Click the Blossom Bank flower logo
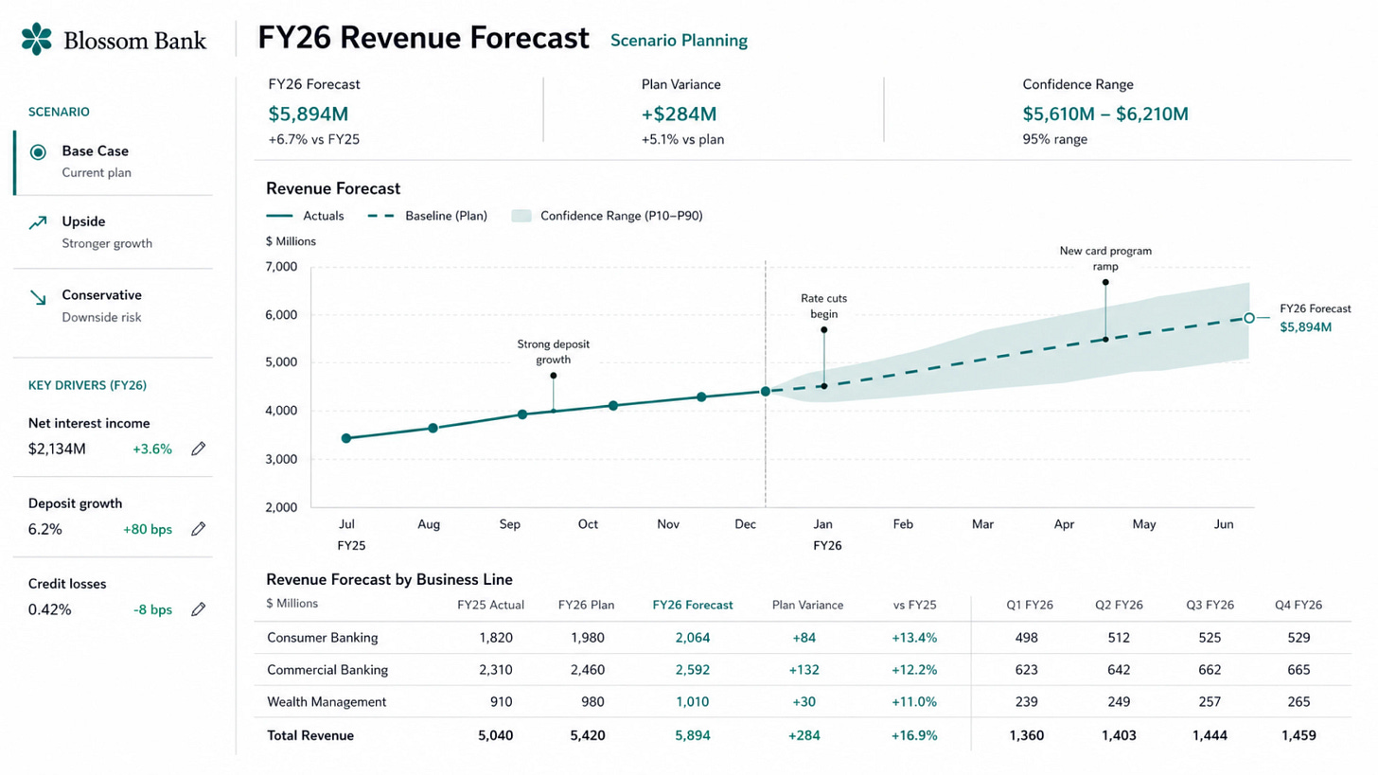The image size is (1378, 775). coord(36,39)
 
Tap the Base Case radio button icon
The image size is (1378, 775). coord(38,152)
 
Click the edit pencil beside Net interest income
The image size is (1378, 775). coord(198,449)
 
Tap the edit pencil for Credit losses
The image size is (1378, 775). coord(198,609)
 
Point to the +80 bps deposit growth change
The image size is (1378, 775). coord(148,529)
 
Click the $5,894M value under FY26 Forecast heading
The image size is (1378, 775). coord(309,114)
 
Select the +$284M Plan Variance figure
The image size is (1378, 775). coord(680,114)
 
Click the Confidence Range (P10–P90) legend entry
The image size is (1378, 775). coord(608,216)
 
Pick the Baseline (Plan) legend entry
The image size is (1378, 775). coord(428,216)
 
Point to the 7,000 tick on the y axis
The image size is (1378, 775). coord(281,266)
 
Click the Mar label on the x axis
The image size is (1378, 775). coord(982,524)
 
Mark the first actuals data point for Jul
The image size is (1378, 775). coord(346,438)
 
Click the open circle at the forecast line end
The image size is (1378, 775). coord(1249,318)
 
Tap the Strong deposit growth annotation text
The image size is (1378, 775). coord(553,352)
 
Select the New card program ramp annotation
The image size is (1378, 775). coord(1105,258)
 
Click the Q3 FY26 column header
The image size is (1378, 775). coord(1210,605)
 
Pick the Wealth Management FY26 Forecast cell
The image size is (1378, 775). coord(693,702)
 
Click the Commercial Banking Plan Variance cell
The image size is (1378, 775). coord(804,670)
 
